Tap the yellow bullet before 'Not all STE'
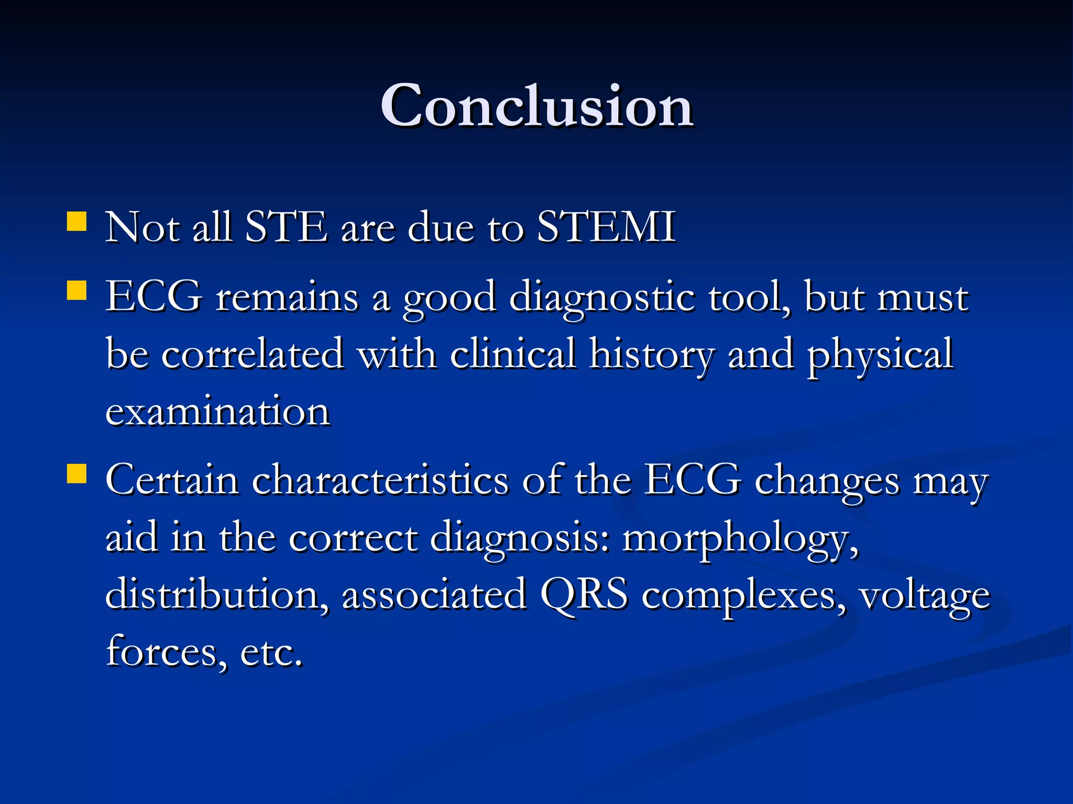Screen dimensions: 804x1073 pos(76,221)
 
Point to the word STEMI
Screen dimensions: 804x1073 pos(606,227)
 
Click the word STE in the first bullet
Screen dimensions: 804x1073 pos(286,227)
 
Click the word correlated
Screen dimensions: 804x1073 pos(253,355)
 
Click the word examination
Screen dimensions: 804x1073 pos(218,412)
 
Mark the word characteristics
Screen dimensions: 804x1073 pos(380,480)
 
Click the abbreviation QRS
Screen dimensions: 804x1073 pos(584,595)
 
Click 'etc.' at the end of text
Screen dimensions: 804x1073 pos(271,653)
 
